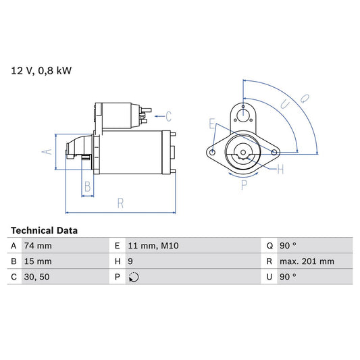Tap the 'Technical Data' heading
[44, 230]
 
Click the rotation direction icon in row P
[133, 276]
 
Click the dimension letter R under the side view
[120, 202]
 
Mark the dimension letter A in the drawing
[47, 151]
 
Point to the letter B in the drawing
[87, 186]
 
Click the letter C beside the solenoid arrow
[169, 115]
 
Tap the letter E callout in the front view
[212, 124]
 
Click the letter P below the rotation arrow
[244, 186]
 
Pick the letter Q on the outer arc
[304, 98]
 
